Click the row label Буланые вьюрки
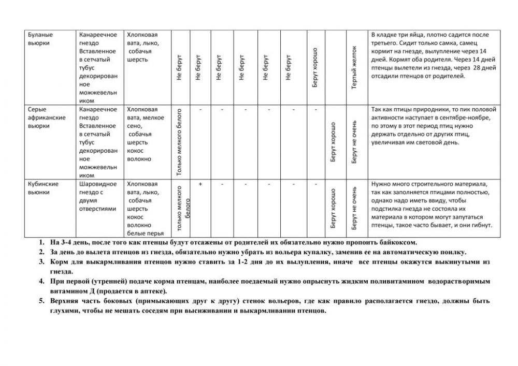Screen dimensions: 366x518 pos(40,39)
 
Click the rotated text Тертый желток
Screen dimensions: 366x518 pos(355,67)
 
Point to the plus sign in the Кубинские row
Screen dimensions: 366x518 pos(200,184)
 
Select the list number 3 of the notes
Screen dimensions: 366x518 pos(41,262)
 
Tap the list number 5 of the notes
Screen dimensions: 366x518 pos(41,301)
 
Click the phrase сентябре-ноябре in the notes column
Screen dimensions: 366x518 pos(460,118)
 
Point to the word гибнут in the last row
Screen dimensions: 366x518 pos(482,225)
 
